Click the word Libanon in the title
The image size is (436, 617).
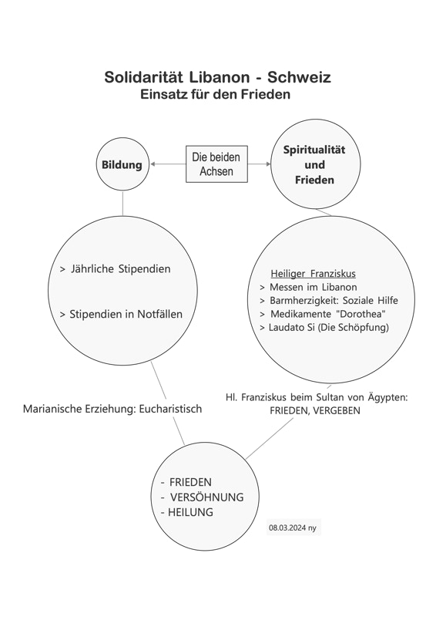pos(220,77)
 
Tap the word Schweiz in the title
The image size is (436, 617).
pos(299,77)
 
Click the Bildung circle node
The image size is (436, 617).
pos(122,164)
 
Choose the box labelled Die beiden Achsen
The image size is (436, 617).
pos(216,164)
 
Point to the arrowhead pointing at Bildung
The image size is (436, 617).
pos(153,164)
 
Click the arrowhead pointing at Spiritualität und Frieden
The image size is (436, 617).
pos(268,164)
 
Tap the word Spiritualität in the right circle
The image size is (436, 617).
pos(314,150)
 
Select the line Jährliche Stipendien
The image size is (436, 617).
pos(116,269)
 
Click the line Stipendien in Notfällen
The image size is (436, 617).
pos(121,315)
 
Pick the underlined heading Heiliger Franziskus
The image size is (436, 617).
pos(313,274)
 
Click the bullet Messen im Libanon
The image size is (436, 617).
pos(309,287)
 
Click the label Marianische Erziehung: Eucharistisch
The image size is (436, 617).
pos(112,409)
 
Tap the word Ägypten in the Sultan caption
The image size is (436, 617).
pos(387,397)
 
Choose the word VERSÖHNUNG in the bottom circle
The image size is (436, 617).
pos(206,497)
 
